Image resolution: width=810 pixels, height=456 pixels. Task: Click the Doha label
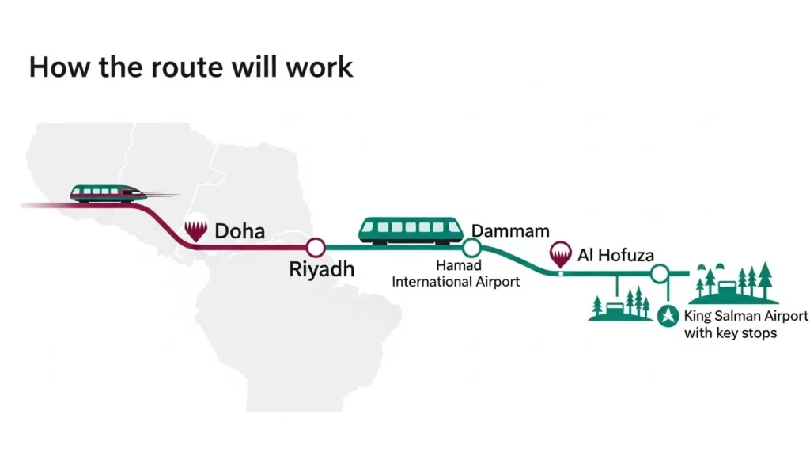pyautogui.click(x=240, y=231)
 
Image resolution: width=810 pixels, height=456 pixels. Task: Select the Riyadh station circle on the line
pyautogui.click(x=316, y=248)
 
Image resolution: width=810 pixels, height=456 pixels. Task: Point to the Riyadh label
pyautogui.click(x=321, y=270)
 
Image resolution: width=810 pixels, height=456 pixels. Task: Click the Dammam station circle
pyautogui.click(x=472, y=248)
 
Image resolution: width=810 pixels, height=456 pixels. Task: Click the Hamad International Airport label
pyautogui.click(x=456, y=275)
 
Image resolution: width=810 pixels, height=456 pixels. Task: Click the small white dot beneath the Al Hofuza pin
pyautogui.click(x=560, y=274)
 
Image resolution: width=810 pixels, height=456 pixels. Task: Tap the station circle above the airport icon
pyautogui.click(x=659, y=274)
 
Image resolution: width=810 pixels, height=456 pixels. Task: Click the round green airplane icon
pyautogui.click(x=667, y=315)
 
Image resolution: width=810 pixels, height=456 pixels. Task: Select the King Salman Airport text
pyautogui.click(x=746, y=316)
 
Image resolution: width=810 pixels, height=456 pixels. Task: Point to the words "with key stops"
pyautogui.click(x=730, y=333)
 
